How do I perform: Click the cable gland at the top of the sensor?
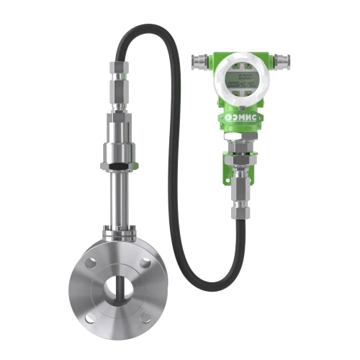116,79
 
